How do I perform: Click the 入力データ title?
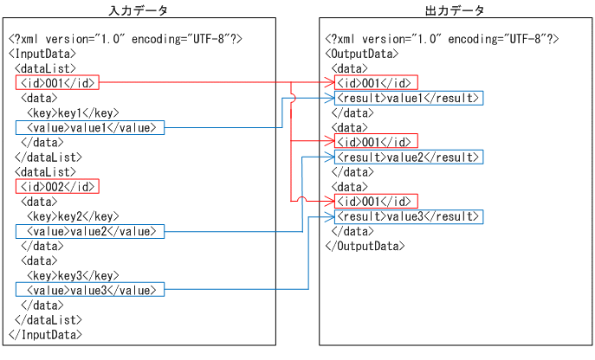pos(138,10)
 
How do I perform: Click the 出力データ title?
pos(455,10)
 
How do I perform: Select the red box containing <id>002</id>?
pos(57,186)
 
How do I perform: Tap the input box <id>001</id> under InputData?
pos(57,83)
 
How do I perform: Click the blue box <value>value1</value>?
pos(89,128)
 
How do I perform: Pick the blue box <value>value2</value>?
pos(89,231)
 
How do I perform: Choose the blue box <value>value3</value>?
pos(89,290)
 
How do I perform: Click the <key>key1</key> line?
pos(73,113)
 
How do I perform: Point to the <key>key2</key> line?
pos(73,216)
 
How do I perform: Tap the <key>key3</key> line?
pos(73,275)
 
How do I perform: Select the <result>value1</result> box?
pos(408,98)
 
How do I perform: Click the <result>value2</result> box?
pos(408,157)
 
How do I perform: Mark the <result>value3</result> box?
pos(408,215)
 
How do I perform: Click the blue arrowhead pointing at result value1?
pos(330,98)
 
